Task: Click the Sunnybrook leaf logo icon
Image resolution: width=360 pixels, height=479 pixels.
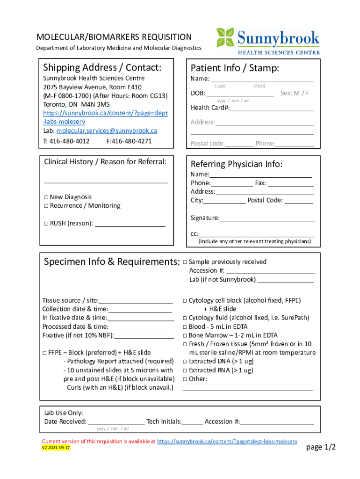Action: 225,37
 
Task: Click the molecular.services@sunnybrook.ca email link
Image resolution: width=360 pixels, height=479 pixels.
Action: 107,131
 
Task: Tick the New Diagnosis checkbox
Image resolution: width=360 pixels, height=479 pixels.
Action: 46,197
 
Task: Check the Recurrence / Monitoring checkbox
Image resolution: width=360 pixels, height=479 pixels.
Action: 46,206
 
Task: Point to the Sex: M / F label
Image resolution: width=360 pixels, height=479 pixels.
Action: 295,93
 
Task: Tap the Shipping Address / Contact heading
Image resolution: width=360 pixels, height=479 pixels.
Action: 102,68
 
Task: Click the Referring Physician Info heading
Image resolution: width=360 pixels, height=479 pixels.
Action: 237,164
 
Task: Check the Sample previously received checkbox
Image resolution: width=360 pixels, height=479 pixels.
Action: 185,262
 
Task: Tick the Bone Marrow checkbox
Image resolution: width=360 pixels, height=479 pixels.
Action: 185,335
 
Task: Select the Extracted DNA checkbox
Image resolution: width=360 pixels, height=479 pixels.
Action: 185,362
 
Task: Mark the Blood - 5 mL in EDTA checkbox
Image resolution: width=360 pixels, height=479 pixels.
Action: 185,327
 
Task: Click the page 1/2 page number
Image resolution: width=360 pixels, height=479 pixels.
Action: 321,448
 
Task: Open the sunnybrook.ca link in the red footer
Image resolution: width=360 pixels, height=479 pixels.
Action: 227,441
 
